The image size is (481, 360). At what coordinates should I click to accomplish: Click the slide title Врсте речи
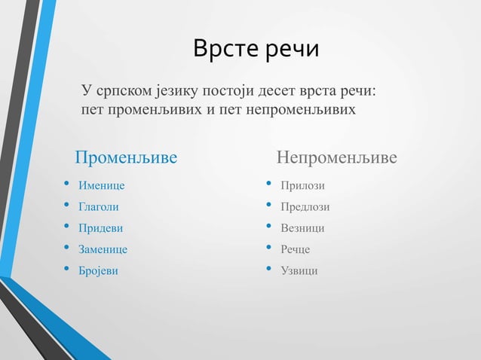pos(256,49)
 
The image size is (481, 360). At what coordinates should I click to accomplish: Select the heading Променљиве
pos(126,158)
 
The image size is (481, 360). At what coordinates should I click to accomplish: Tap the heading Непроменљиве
pos(336,158)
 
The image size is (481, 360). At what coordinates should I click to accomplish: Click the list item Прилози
pos(302,185)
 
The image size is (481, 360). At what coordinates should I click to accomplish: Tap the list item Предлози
pos(305,206)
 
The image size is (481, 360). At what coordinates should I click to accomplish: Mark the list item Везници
pos(302,227)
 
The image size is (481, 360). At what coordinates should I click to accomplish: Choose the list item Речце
pos(296,249)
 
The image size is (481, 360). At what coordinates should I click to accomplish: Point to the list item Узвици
pos(299,270)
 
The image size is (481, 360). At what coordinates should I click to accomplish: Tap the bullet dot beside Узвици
pos(268,269)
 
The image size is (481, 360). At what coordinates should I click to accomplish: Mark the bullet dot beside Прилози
pos(268,184)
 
